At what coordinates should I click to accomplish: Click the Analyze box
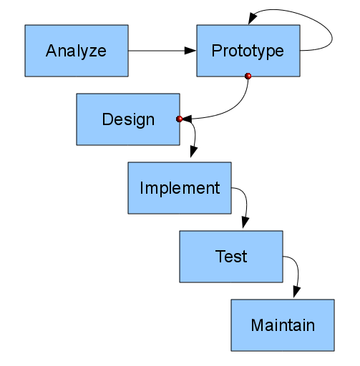point(77,51)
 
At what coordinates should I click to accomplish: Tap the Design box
point(128,119)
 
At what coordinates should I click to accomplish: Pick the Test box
point(230,256)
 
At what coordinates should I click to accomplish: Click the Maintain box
point(282,325)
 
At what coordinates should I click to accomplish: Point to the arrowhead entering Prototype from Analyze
point(190,51)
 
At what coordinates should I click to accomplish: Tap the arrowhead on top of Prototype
point(250,19)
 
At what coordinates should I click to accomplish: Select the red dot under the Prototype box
point(248,76)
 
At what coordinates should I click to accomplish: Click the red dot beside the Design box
point(180,119)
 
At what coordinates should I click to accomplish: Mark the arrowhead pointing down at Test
point(245,222)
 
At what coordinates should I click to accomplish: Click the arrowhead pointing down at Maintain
point(296,290)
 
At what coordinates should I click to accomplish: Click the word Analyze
point(76,51)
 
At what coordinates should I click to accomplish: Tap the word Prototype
point(248,51)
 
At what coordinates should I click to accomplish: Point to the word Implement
point(180,188)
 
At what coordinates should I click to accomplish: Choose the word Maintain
point(282,325)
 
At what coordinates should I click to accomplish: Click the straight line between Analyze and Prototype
point(157,51)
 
